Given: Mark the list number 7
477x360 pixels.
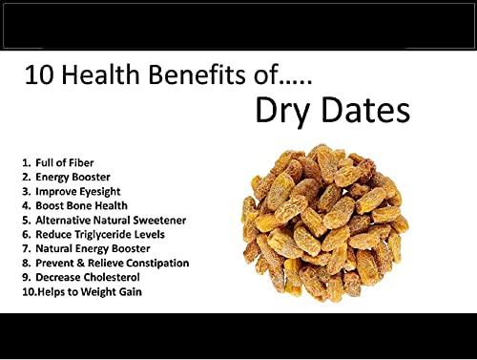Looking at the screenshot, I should point(25,248).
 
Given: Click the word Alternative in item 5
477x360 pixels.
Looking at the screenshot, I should point(67,220).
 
